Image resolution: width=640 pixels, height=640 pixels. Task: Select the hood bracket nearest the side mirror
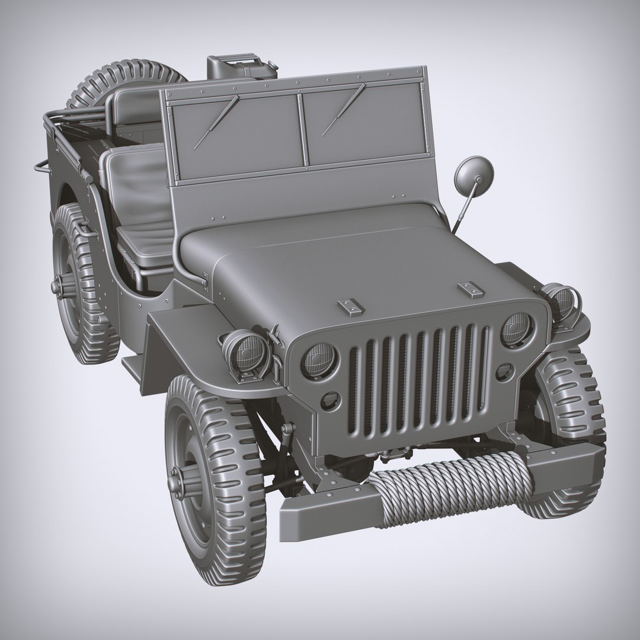[x=471, y=289]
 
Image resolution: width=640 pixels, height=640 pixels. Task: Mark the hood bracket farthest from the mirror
[x=351, y=306]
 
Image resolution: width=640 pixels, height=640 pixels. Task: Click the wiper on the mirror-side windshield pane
[x=344, y=110]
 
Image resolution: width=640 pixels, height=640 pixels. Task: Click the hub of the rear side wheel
[x=59, y=286]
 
